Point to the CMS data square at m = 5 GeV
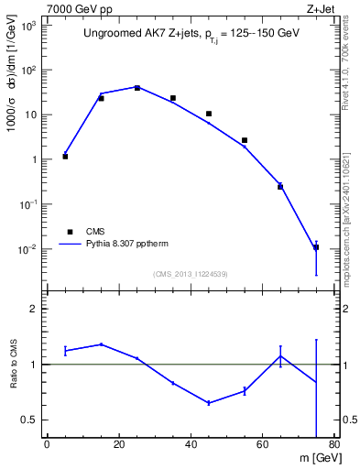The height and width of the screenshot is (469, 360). (x=65, y=157)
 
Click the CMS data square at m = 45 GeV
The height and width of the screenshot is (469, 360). (x=209, y=114)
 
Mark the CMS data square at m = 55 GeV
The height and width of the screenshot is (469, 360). (x=245, y=140)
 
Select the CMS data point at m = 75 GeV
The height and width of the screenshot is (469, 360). (x=316, y=247)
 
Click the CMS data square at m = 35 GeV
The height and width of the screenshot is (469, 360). (x=173, y=98)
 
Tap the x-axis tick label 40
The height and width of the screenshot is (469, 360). (x=191, y=446)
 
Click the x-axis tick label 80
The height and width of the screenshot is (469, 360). (x=334, y=446)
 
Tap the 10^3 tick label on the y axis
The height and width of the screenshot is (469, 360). (x=29, y=27)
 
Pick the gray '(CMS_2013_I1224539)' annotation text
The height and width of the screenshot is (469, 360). (x=190, y=274)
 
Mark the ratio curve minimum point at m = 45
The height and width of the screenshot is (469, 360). (x=209, y=402)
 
